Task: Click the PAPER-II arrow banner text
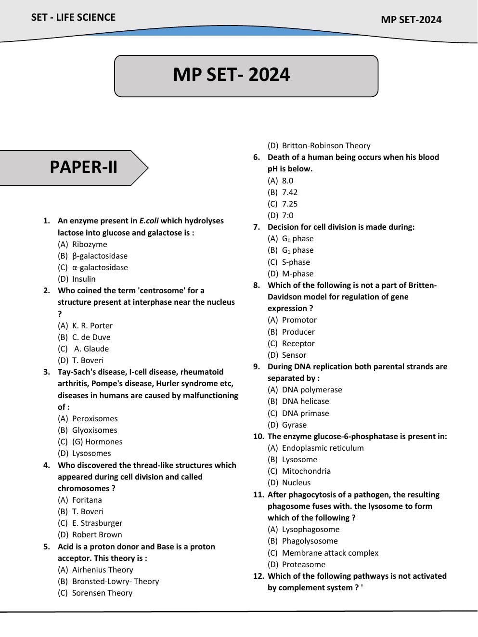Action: (83, 167)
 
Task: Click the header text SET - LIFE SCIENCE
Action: (73, 17)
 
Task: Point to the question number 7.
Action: (257, 227)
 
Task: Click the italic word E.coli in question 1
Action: (149, 221)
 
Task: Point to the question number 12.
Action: (258, 576)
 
